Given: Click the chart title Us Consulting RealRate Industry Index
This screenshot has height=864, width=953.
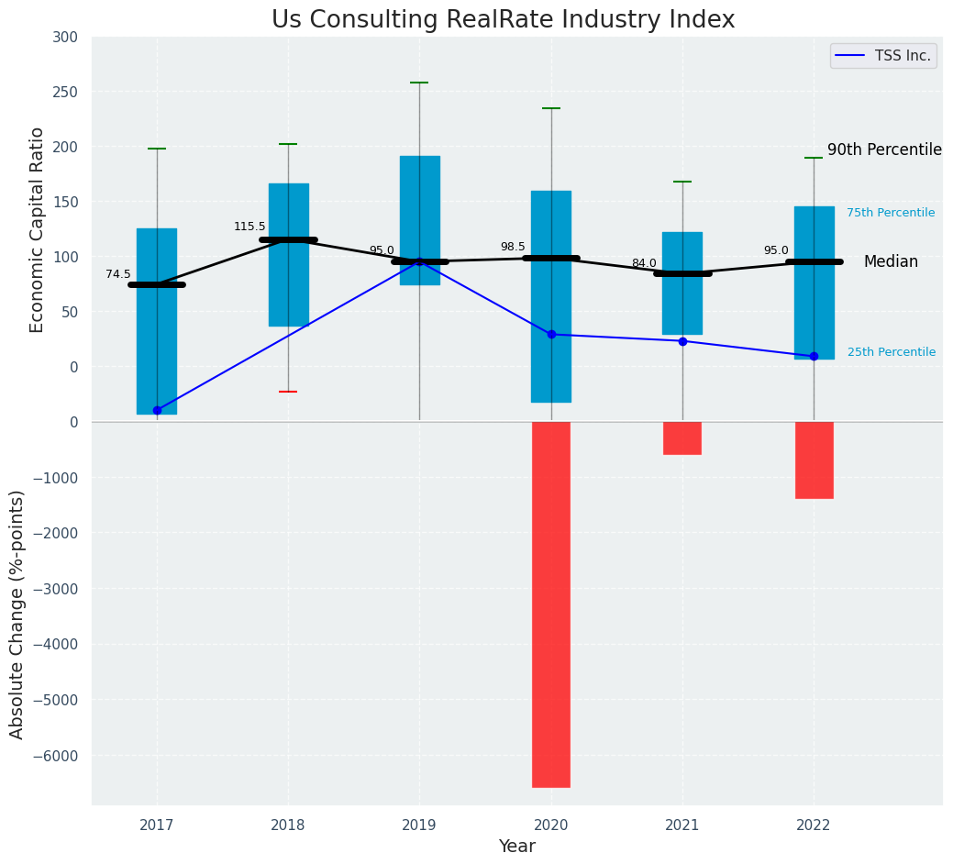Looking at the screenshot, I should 503,20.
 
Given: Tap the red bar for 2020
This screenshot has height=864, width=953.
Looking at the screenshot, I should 550,604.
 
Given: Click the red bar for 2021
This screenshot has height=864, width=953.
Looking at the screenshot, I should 682,438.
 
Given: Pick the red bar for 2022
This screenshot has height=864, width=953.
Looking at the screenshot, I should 814,460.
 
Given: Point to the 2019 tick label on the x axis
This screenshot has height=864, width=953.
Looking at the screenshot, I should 419,825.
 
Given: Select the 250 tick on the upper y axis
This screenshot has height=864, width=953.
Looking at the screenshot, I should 65,92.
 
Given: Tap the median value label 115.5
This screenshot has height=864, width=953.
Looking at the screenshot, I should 249,227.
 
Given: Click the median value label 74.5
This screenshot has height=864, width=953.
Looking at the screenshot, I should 118,274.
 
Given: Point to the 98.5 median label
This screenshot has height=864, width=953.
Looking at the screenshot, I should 513,248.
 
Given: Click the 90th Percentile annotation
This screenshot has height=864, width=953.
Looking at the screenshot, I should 884,150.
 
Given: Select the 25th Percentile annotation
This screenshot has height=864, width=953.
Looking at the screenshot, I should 891,352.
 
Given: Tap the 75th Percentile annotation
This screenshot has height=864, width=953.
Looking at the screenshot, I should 890,213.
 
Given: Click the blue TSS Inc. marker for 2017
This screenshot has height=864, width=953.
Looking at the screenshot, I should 157,410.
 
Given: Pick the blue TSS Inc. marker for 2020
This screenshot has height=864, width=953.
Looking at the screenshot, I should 551,334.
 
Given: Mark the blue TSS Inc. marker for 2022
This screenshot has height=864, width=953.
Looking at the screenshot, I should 814,356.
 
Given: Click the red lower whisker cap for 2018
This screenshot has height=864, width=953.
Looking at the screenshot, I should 288,392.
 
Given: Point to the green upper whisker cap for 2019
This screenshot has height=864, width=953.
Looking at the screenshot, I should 419,83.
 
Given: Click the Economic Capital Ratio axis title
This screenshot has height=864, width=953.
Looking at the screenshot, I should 38,229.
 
